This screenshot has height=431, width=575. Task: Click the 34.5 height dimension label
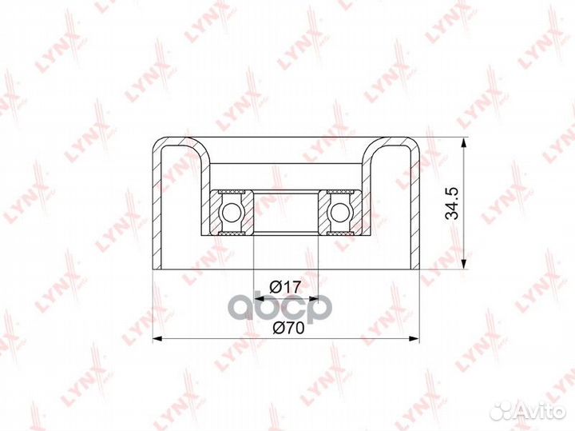click(x=452, y=203)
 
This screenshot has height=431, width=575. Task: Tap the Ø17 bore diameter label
click(x=285, y=287)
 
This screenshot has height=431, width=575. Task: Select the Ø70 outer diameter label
click(x=288, y=328)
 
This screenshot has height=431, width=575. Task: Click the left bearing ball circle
click(x=231, y=212)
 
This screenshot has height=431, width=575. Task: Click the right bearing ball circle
click(x=340, y=212)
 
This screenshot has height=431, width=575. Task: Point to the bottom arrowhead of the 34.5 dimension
click(x=464, y=264)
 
